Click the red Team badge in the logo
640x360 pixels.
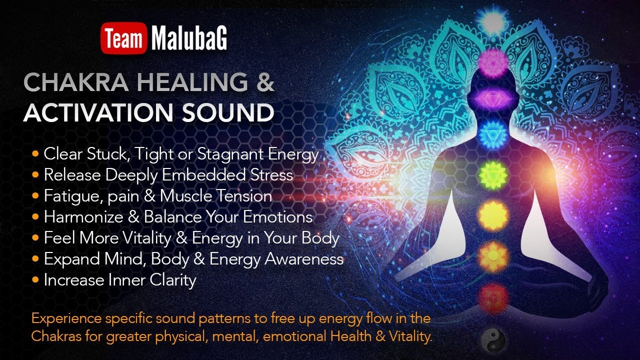pyautogui.click(x=123, y=39)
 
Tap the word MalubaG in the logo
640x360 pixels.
pyautogui.click(x=189, y=39)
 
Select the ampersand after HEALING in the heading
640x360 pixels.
pyautogui.click(x=265, y=82)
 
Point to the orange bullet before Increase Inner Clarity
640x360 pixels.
pyautogui.click(x=35, y=280)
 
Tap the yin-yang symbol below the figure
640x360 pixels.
pyautogui.click(x=492, y=339)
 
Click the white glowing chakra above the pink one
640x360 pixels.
pyautogui.click(x=493, y=21)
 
